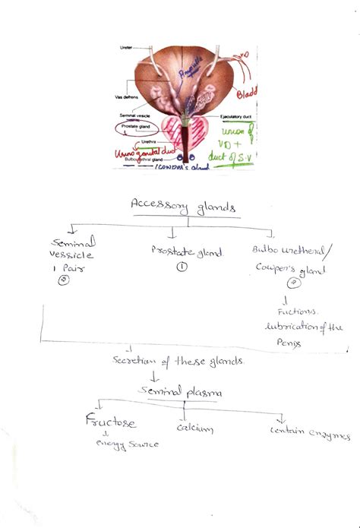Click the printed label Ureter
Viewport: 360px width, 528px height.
[127, 47]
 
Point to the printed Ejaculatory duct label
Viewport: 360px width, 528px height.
[235, 117]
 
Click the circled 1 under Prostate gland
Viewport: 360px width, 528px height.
[182, 267]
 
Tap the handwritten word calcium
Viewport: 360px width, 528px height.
[194, 428]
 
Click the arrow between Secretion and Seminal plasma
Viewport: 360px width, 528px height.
[176, 376]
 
